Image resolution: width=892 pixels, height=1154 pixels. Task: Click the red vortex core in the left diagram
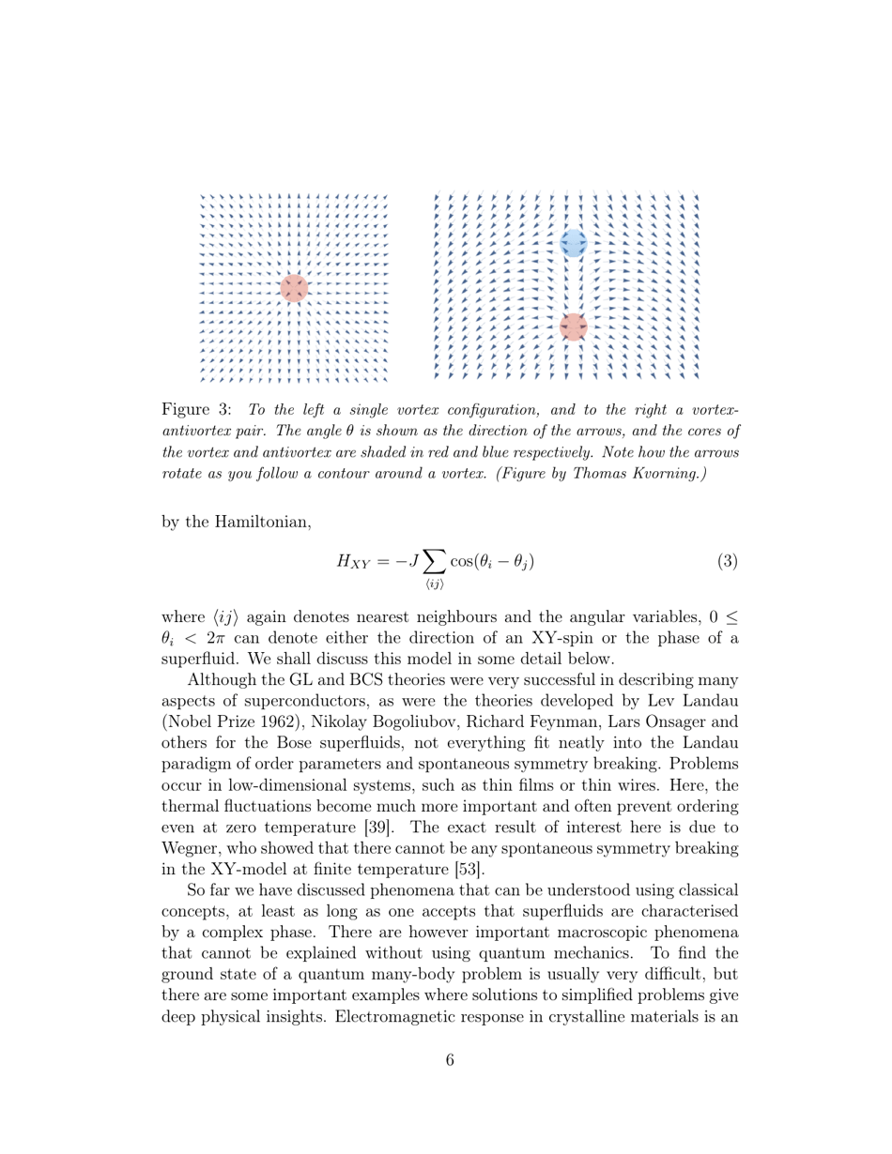[294, 288]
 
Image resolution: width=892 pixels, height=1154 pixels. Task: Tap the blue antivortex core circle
[573, 243]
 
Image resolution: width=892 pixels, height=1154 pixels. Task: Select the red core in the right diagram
[573, 326]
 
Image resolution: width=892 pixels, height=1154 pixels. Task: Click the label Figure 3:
[197, 410]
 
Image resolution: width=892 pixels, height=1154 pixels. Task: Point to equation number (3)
[728, 562]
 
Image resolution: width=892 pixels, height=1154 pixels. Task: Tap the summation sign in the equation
[434, 561]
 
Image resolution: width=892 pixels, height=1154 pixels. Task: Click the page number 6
[450, 1061]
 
